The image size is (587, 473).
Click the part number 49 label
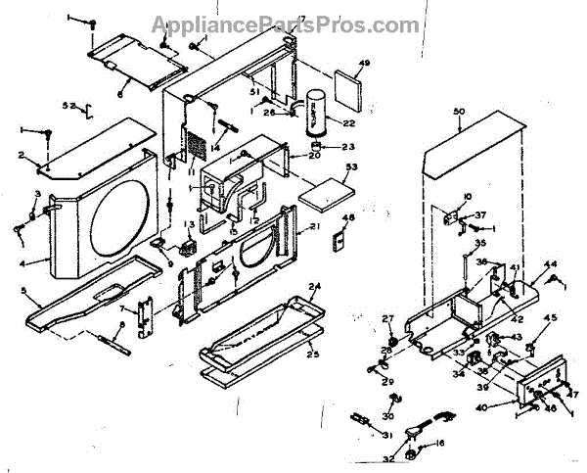pos(364,65)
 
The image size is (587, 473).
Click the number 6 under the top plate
pos(120,94)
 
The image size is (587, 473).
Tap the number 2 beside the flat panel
pos(20,155)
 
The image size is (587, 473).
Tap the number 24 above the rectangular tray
pos(314,287)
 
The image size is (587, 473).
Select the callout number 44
pos(551,264)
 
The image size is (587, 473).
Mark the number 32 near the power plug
pos(389,457)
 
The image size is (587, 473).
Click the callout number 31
pos(385,435)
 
